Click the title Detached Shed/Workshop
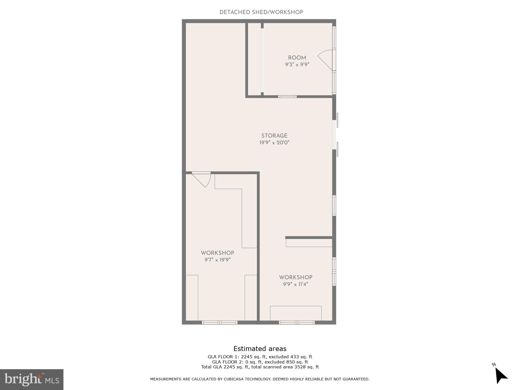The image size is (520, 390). pos(261,12)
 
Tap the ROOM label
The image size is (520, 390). pos(297,58)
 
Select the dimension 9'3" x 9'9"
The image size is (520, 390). pos(297,64)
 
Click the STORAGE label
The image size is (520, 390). pos(274,136)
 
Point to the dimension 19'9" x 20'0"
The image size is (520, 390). pos(274,142)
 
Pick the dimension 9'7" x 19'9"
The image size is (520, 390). pos(217,260)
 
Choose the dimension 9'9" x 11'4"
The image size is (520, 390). pos(295,284)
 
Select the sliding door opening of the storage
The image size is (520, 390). pos(334,135)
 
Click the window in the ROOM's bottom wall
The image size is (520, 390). pos(287,97)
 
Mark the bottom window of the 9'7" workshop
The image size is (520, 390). pos(220,323)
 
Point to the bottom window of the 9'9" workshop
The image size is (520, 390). pos(297,323)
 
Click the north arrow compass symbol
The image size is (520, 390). pos(500,375)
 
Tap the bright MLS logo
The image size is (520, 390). pos(31,379)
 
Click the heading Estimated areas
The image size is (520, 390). pos(260,349)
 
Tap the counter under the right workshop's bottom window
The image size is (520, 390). pos(296,313)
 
